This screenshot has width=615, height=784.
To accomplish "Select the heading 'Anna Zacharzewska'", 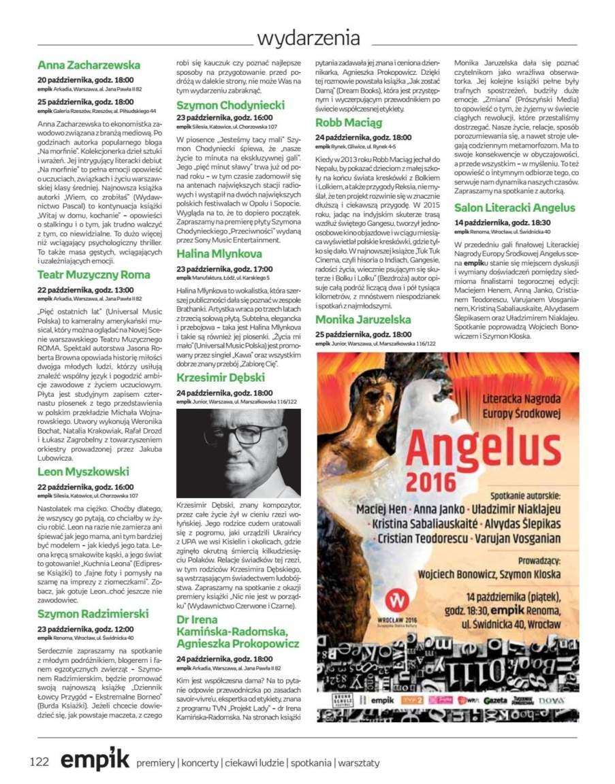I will pyautogui.click(x=89, y=65).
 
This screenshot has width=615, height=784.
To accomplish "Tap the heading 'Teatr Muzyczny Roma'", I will pyautogui.click(x=93, y=275).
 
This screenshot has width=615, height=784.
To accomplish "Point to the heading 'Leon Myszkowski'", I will pyautogui.click(x=83, y=472).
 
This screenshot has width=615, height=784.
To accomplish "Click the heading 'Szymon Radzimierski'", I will pyautogui.click(x=93, y=614).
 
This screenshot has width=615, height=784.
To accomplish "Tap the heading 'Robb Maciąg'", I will pyautogui.click(x=349, y=122).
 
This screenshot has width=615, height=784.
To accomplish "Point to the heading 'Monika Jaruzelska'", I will pyautogui.click(x=363, y=319).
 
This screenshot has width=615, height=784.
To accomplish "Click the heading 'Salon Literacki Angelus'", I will pyautogui.click(x=514, y=208).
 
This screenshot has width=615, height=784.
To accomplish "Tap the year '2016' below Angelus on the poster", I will pyautogui.click(x=432, y=481).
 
